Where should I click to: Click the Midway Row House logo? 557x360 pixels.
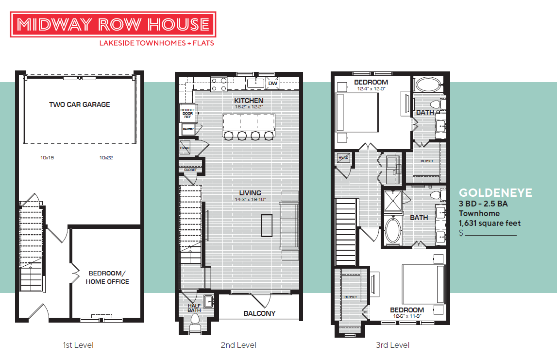pos(113,25)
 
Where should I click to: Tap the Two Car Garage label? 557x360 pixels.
pos(80,104)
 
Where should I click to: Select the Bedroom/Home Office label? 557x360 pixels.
pos(107,277)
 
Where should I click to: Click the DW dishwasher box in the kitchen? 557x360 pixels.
pos(272,84)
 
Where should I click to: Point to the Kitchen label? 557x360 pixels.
pos(249,101)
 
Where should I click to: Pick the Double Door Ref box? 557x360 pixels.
pos(187,113)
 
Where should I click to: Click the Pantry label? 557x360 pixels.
pos(188,130)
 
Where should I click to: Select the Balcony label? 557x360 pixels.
pos(259,313)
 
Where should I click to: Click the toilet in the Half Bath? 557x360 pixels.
pos(195,321)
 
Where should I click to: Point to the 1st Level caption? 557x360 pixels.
pos(78,345)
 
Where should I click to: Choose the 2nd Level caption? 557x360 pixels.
pos(238,345)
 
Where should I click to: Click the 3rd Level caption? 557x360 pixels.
pos(392,345)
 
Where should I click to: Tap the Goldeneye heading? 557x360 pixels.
pos(495,193)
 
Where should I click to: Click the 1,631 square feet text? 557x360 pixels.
pos(489,223)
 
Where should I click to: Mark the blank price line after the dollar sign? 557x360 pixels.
pos(490,235)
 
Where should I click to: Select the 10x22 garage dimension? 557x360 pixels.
pos(106,157)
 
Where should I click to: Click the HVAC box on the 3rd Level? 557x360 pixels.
pos(343,158)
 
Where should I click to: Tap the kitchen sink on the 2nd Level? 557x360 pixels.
pos(255,83)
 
